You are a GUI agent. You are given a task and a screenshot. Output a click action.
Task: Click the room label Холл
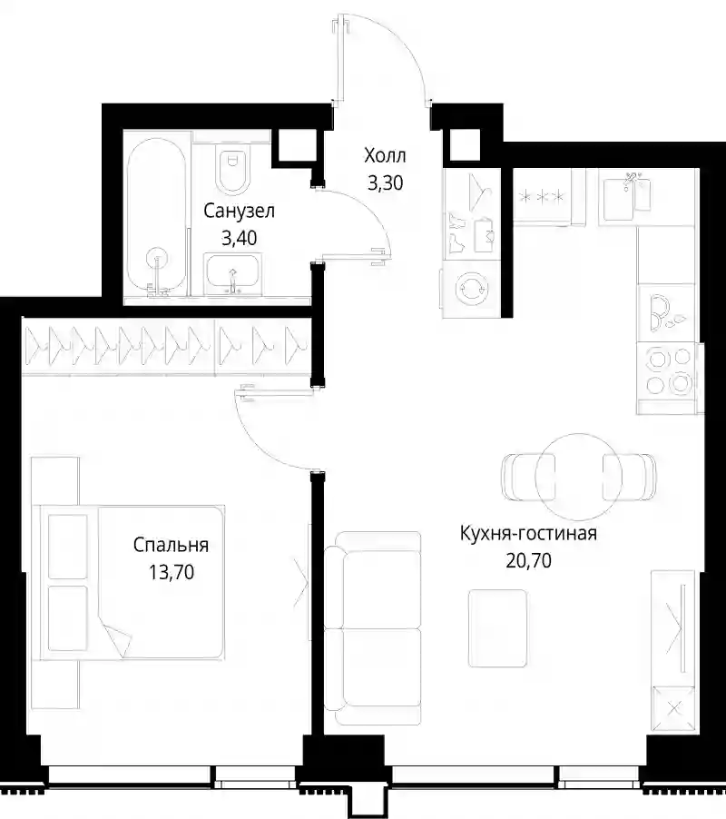385,155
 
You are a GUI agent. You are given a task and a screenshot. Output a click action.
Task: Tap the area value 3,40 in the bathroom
239,238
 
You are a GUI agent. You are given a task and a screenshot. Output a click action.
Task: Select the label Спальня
171,545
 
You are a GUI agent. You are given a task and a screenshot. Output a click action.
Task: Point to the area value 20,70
528,560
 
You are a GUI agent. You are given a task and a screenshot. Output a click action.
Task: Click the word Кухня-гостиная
528,533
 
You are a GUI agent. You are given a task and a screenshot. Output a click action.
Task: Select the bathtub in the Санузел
157,216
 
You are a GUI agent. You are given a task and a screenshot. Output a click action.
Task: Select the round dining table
578,475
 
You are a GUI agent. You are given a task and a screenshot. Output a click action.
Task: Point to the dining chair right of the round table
630,477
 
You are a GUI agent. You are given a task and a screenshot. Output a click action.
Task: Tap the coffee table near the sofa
497,628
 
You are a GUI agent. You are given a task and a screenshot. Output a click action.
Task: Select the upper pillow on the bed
67,547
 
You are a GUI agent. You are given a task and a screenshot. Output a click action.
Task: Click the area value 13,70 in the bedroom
172,572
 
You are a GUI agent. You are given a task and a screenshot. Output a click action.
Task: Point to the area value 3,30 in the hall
385,183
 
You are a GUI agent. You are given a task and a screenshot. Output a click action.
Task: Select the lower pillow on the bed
67,618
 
